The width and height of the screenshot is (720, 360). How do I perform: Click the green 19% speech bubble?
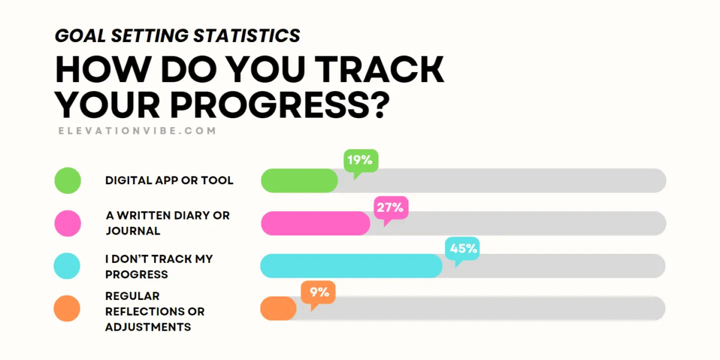click(361, 160)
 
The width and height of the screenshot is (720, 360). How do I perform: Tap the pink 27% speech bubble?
click(391, 208)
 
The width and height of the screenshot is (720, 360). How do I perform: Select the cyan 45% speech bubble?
click(461, 248)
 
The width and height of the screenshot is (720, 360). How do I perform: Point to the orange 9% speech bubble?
click(318, 292)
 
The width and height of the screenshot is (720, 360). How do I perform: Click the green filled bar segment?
click(299, 181)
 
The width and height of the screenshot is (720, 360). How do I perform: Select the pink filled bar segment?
click(315, 223)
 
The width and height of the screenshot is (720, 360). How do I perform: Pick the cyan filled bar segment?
click(351, 266)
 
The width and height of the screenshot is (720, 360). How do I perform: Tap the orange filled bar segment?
click(278, 308)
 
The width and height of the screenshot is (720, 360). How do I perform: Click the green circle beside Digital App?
click(67, 181)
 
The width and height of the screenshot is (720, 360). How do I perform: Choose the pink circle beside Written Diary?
click(67, 223)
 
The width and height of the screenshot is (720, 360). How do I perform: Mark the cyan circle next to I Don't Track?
click(67, 266)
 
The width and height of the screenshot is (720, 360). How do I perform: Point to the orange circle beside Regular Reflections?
click(67, 308)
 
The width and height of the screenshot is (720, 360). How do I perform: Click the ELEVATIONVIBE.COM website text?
click(137, 130)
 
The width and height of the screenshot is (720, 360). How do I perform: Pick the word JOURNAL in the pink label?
click(133, 231)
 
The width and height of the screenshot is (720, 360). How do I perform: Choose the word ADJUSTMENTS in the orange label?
click(148, 327)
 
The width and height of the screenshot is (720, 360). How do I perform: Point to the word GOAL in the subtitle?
click(74, 35)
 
